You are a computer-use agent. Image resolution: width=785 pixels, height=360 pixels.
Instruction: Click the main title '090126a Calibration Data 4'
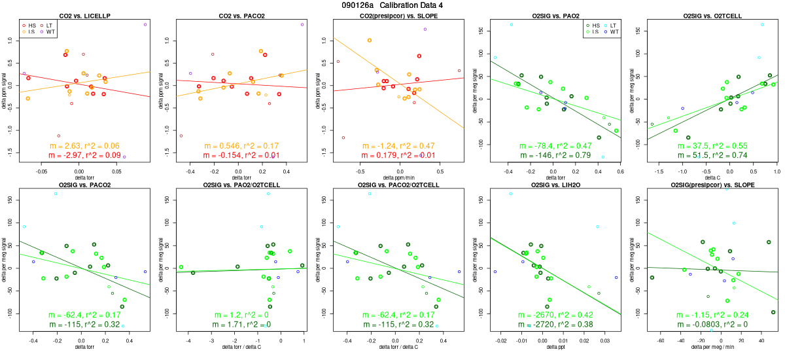pos(392,5)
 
